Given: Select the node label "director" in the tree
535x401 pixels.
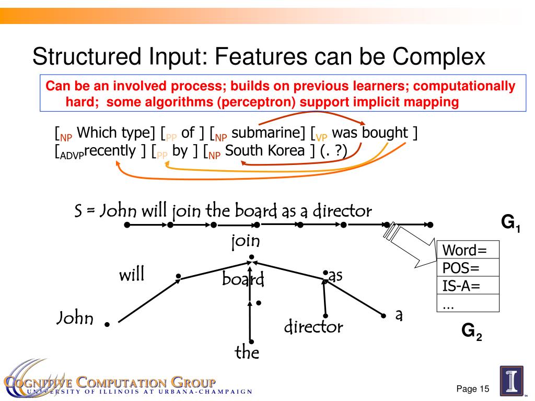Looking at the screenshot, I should pyautogui.click(x=313, y=327).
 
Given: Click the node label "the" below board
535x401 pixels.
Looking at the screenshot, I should pyautogui.click(x=247, y=352).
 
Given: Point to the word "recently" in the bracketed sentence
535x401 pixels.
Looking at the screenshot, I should pyautogui.click(x=110, y=151).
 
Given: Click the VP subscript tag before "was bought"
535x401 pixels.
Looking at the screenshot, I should pyautogui.click(x=321, y=138).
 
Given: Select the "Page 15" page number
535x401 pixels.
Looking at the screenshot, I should pyautogui.click(x=472, y=389).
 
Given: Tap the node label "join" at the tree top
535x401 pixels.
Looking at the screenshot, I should pyautogui.click(x=246, y=242).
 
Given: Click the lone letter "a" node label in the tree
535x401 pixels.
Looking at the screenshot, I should pyautogui.click(x=399, y=315).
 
